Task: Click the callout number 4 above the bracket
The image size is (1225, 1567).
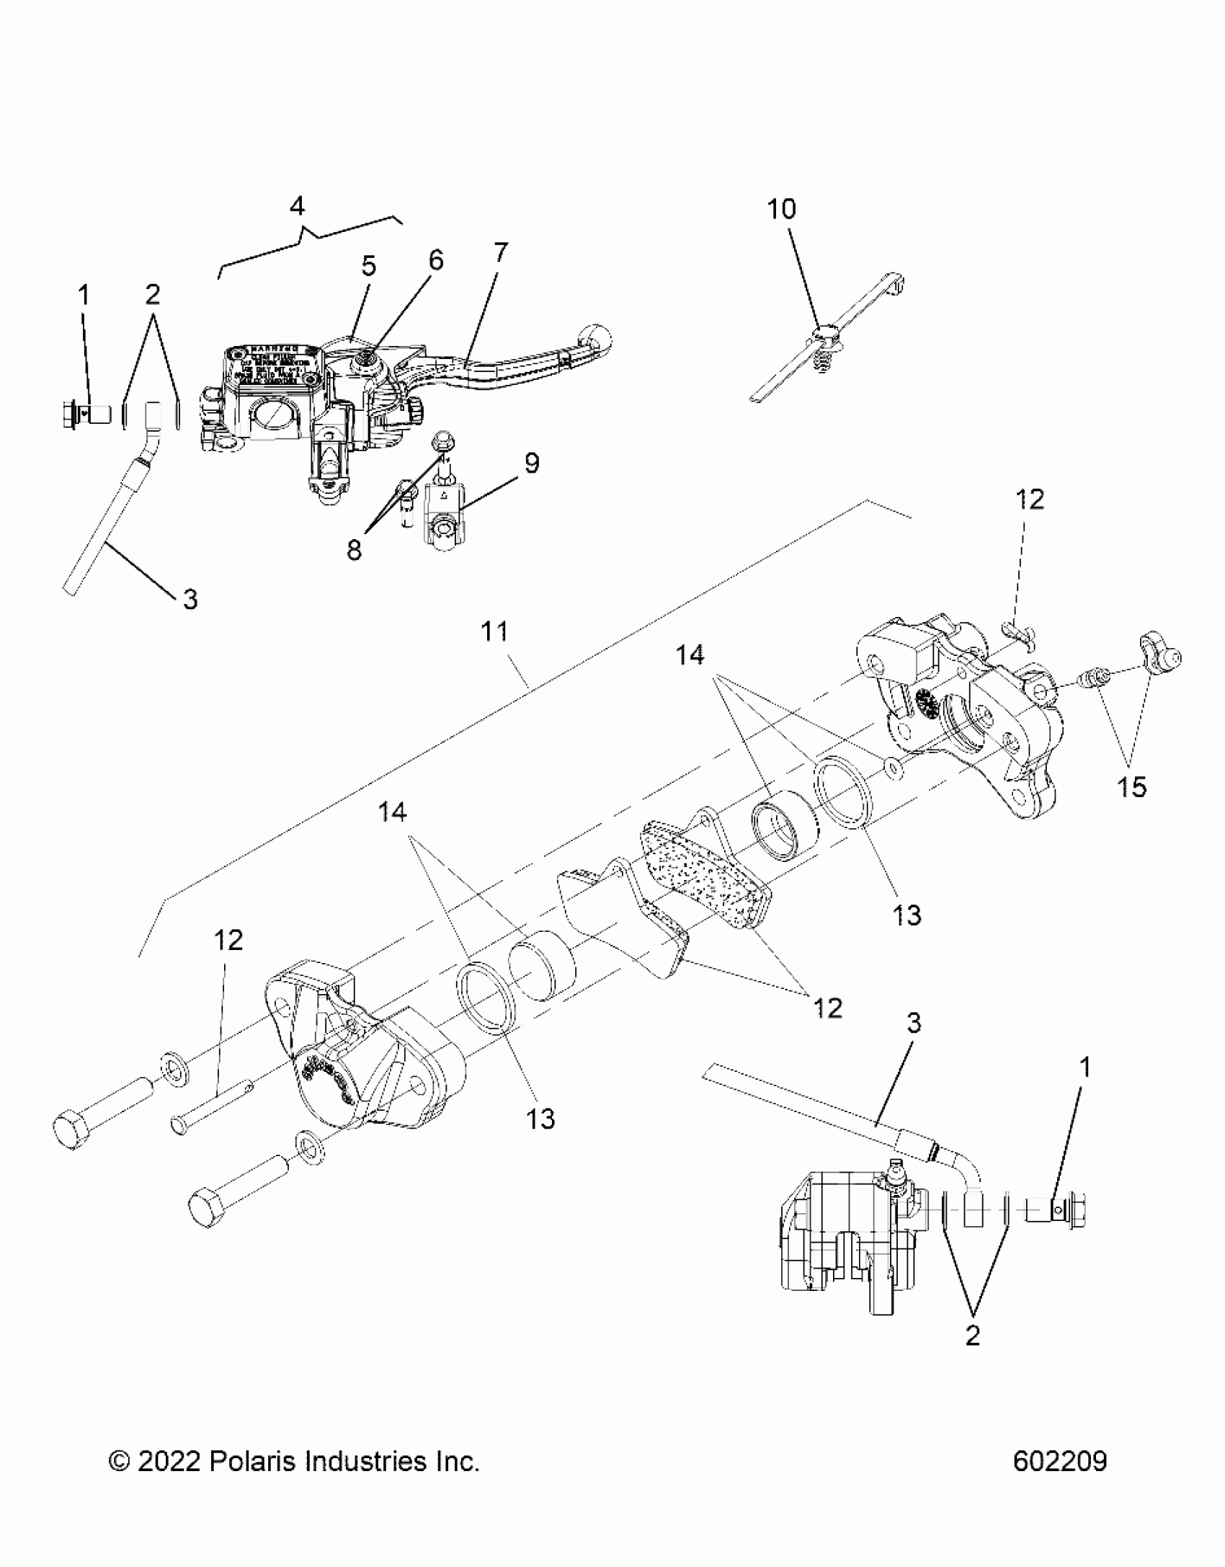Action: tap(297, 206)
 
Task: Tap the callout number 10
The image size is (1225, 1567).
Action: tap(781, 209)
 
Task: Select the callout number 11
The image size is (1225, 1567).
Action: tap(495, 631)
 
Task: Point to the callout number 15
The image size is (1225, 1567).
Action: tap(1131, 787)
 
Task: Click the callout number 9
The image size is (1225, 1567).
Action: tap(532, 463)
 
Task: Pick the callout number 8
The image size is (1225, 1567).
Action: tap(354, 551)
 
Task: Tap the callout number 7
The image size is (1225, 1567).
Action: tap(500, 252)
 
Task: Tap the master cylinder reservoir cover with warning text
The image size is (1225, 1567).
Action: tap(275, 368)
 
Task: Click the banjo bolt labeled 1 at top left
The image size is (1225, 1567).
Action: tap(85, 416)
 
